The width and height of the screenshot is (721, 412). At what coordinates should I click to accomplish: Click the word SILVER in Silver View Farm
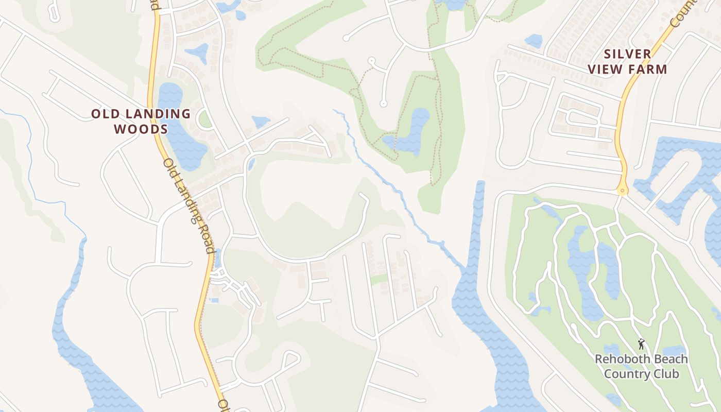pos(628,54)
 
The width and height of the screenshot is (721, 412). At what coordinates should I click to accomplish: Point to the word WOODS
pos(141,129)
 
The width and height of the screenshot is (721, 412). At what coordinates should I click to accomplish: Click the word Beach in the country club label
pos(667,359)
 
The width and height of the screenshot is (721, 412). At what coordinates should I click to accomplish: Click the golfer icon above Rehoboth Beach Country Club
pos(641,344)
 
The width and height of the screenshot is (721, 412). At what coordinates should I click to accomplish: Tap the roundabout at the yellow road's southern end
pos(623,191)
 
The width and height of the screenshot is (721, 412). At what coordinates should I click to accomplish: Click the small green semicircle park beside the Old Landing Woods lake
pos(204,119)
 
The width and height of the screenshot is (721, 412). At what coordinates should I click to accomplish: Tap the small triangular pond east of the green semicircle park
pos(261,122)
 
